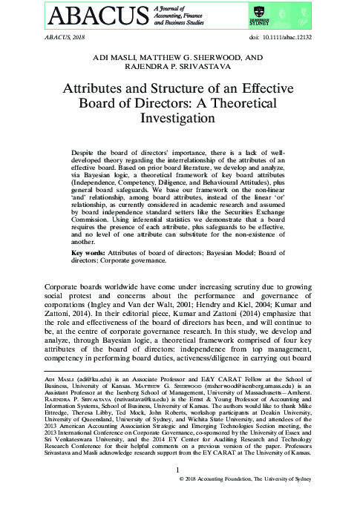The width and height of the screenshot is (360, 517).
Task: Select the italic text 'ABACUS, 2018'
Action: click(56, 36)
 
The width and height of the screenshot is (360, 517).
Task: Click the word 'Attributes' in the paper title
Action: click(110, 88)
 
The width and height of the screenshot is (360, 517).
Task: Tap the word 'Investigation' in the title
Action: click(180, 117)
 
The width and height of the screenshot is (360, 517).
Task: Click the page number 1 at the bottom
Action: click(179, 491)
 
